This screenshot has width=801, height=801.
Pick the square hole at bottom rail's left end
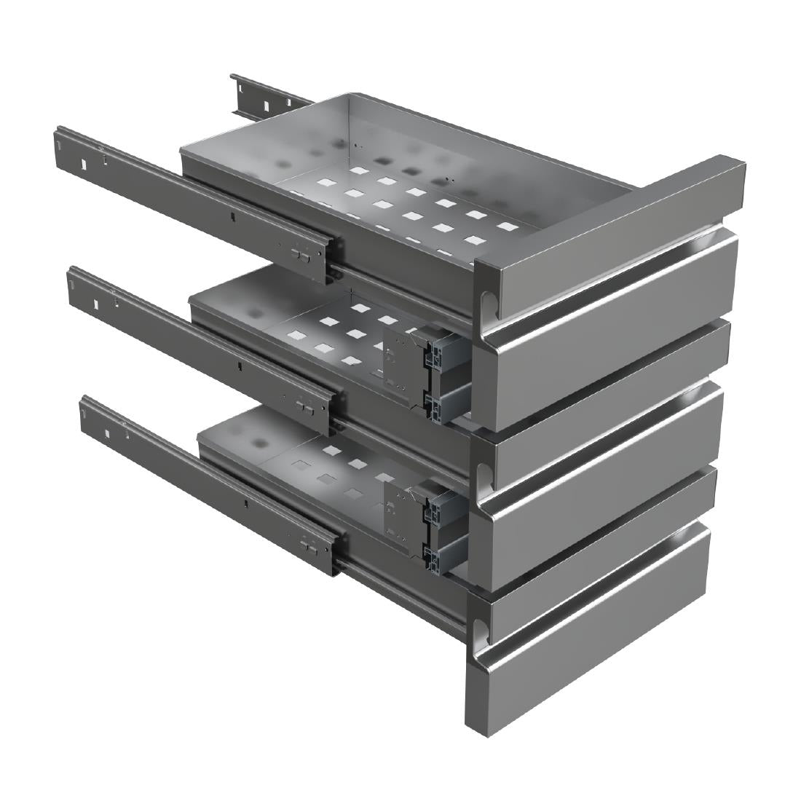pyautogui.click(x=107, y=433)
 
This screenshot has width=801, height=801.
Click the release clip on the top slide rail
pyautogui.click(x=299, y=254)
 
